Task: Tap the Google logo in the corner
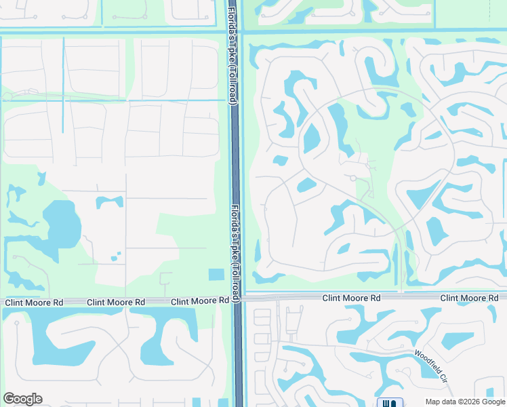(x=22, y=399)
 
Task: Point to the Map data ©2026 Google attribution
(x=464, y=402)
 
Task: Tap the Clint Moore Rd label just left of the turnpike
(x=200, y=301)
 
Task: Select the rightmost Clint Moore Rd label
(x=469, y=298)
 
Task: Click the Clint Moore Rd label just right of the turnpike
(x=351, y=298)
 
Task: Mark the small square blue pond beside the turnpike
(x=216, y=275)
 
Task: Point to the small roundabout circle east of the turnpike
(x=352, y=178)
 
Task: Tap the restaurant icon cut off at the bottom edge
(x=390, y=403)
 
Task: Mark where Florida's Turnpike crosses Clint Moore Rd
(x=237, y=298)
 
